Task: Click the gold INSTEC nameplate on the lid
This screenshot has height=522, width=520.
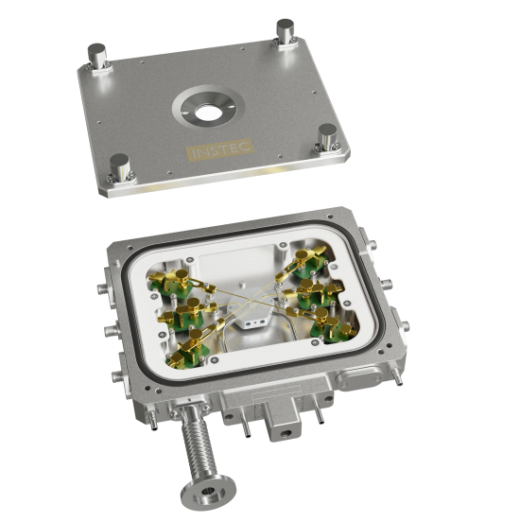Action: (x=219, y=149)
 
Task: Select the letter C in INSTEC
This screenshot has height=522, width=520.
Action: (x=246, y=147)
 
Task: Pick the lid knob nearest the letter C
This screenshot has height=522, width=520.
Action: (x=327, y=136)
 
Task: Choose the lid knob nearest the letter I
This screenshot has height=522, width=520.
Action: (x=120, y=167)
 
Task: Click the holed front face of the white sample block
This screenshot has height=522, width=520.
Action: (x=254, y=322)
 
